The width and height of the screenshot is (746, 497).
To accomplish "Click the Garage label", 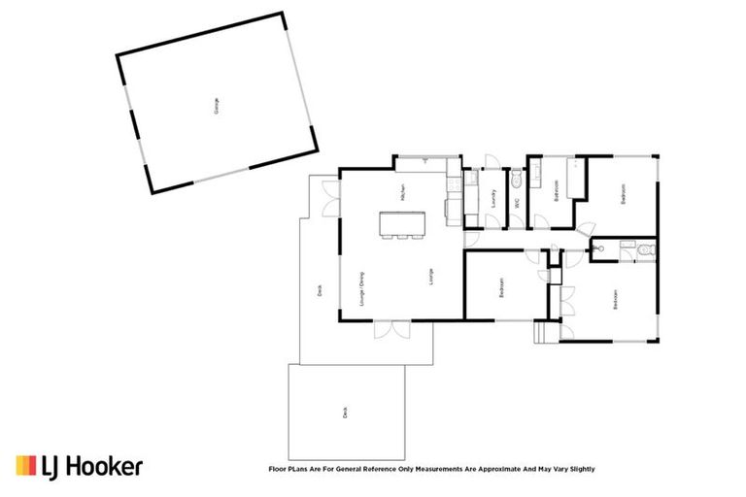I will coord(216,105).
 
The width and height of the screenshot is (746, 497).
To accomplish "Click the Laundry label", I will coord(494,199).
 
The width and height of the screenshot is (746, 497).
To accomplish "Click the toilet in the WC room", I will coord(517,181).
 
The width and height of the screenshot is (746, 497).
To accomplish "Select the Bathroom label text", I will coord(556,190).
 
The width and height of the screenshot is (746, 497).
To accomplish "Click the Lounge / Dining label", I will coord(361,288).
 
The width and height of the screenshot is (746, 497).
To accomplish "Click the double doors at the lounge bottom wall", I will coord(393,330).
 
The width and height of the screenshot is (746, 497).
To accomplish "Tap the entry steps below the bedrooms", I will coord(543,332).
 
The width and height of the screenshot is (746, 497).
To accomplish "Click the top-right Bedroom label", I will coord(624,193).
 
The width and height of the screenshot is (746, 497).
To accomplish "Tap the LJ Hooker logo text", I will coord(92,467).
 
